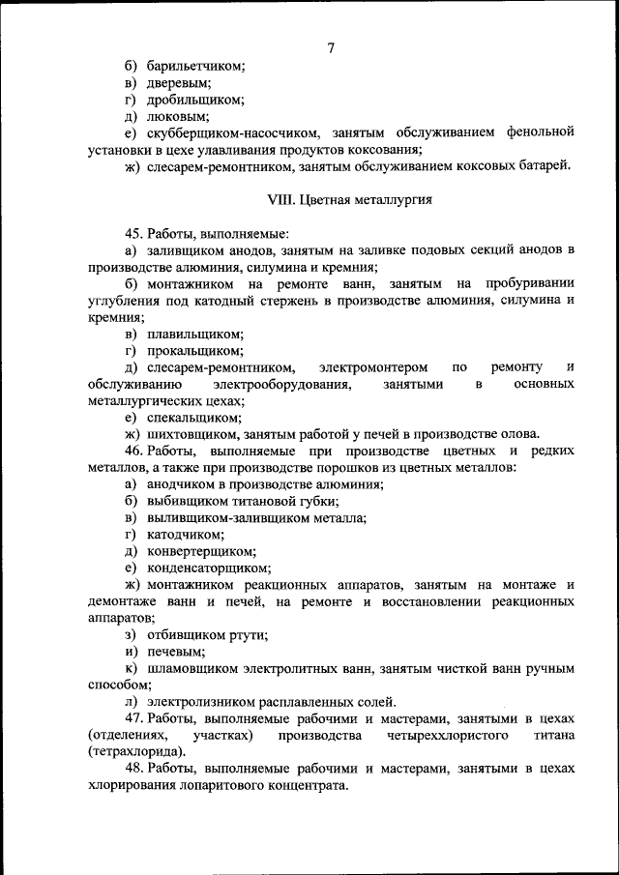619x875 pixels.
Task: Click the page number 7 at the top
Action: (x=330, y=47)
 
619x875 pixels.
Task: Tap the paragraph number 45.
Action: (x=133, y=233)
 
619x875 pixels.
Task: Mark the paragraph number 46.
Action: (x=133, y=451)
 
